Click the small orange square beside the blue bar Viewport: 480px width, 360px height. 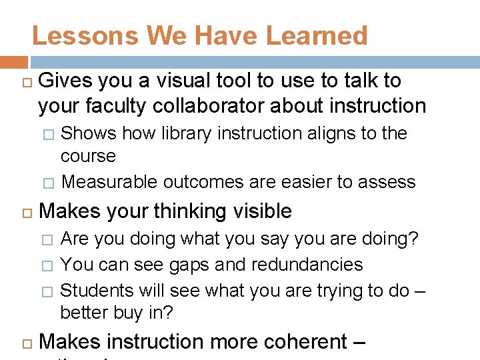tap(13, 63)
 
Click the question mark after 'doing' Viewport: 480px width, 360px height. tap(415, 239)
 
